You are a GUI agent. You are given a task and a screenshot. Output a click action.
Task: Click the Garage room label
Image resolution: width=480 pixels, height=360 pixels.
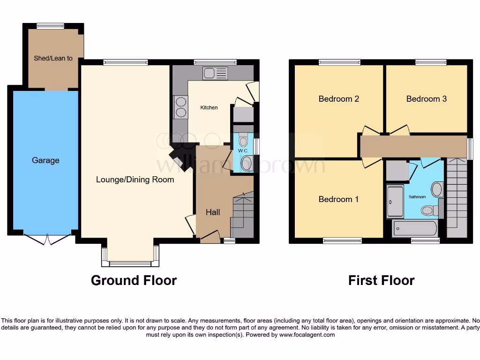tap(45, 160)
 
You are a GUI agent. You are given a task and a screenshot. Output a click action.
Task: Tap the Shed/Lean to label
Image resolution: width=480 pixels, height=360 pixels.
tap(53, 59)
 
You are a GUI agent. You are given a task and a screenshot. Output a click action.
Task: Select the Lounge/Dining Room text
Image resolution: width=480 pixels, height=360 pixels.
tap(135, 180)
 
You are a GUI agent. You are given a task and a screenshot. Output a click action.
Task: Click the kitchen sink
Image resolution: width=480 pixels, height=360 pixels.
tap(215, 73)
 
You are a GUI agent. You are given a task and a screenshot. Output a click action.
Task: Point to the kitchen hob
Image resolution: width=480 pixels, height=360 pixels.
tap(180, 106)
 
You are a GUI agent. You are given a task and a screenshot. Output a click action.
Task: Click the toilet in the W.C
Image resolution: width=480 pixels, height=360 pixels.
tap(243, 140)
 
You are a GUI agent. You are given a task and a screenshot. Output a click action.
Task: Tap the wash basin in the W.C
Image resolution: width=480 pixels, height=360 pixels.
tap(247, 164)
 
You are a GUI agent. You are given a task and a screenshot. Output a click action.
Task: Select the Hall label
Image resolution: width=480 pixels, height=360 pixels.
tap(213, 212)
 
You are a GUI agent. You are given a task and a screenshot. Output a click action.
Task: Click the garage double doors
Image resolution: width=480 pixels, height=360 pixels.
tap(48, 239)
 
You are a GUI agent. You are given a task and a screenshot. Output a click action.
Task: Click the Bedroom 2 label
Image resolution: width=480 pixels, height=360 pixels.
tap(338, 99)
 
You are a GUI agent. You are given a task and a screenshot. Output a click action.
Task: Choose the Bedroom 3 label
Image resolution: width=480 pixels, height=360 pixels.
tap(426, 99)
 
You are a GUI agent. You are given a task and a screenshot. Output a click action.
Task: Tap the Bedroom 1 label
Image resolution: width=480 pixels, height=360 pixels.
tap(338, 199)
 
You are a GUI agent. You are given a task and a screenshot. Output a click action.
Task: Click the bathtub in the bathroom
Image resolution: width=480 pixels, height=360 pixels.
tap(414, 229)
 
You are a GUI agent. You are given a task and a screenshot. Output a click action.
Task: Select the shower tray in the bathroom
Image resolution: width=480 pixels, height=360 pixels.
tap(394, 201)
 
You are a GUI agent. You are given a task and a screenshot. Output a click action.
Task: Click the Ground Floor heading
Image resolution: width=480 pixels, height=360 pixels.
tap(134, 280)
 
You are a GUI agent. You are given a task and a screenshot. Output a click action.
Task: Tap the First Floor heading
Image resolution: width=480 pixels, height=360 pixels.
tap(381, 280)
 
